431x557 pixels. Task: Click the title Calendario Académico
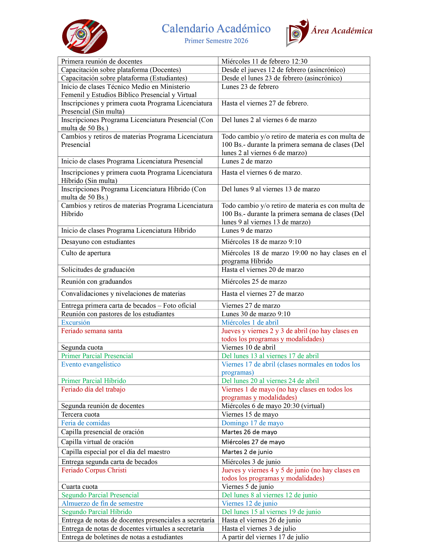pyautogui.click(x=216, y=29)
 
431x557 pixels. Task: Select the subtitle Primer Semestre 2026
pyautogui.click(x=216, y=41)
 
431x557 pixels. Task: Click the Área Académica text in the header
pyautogui.click(x=341, y=31)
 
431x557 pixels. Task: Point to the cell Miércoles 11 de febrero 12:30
pyautogui.click(x=264, y=61)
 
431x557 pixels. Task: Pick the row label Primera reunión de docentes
pyautogui.click(x=102, y=61)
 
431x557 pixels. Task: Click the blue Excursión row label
pyautogui.click(x=76, y=322)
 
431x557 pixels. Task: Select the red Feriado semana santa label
pyautogui.click(x=92, y=331)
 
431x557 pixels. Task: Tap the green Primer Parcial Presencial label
pyautogui.click(x=97, y=356)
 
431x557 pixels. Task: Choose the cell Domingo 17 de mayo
pyautogui.click(x=252, y=423)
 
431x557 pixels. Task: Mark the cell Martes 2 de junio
pyautogui.click(x=247, y=452)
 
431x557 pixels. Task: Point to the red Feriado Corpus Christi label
pyautogui.click(x=94, y=470)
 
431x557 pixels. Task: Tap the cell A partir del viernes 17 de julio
pyautogui.click(x=265, y=537)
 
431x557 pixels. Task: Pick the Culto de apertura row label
pyautogui.click(x=86, y=253)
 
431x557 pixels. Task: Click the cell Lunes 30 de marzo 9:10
pyautogui.click(x=256, y=314)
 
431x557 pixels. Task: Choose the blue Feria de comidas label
pyautogui.click(x=85, y=423)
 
